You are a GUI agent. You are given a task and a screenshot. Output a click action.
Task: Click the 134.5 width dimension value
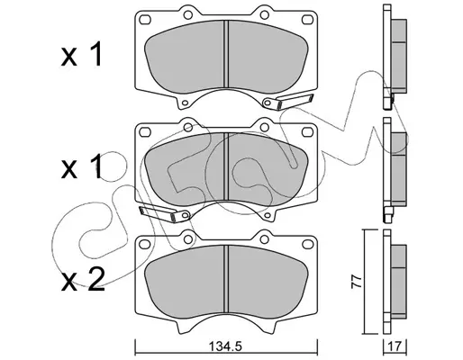[x=225, y=346]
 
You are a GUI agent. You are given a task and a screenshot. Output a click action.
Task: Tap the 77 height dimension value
[x=357, y=282]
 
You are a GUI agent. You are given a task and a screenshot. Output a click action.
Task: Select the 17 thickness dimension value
[x=395, y=346]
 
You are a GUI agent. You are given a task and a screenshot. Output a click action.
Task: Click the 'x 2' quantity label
[x=83, y=280]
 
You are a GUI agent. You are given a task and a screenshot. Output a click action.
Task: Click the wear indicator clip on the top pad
[x=287, y=102]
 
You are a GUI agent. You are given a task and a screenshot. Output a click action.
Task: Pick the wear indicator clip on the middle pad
[x=165, y=213]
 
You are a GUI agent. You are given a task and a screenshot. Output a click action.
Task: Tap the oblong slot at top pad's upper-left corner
[x=145, y=20]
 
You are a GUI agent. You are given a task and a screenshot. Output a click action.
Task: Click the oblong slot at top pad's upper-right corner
[x=307, y=20]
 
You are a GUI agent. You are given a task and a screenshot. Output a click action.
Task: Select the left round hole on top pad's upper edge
[x=188, y=14]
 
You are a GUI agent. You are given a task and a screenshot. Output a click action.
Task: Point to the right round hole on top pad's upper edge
[x=264, y=14]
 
